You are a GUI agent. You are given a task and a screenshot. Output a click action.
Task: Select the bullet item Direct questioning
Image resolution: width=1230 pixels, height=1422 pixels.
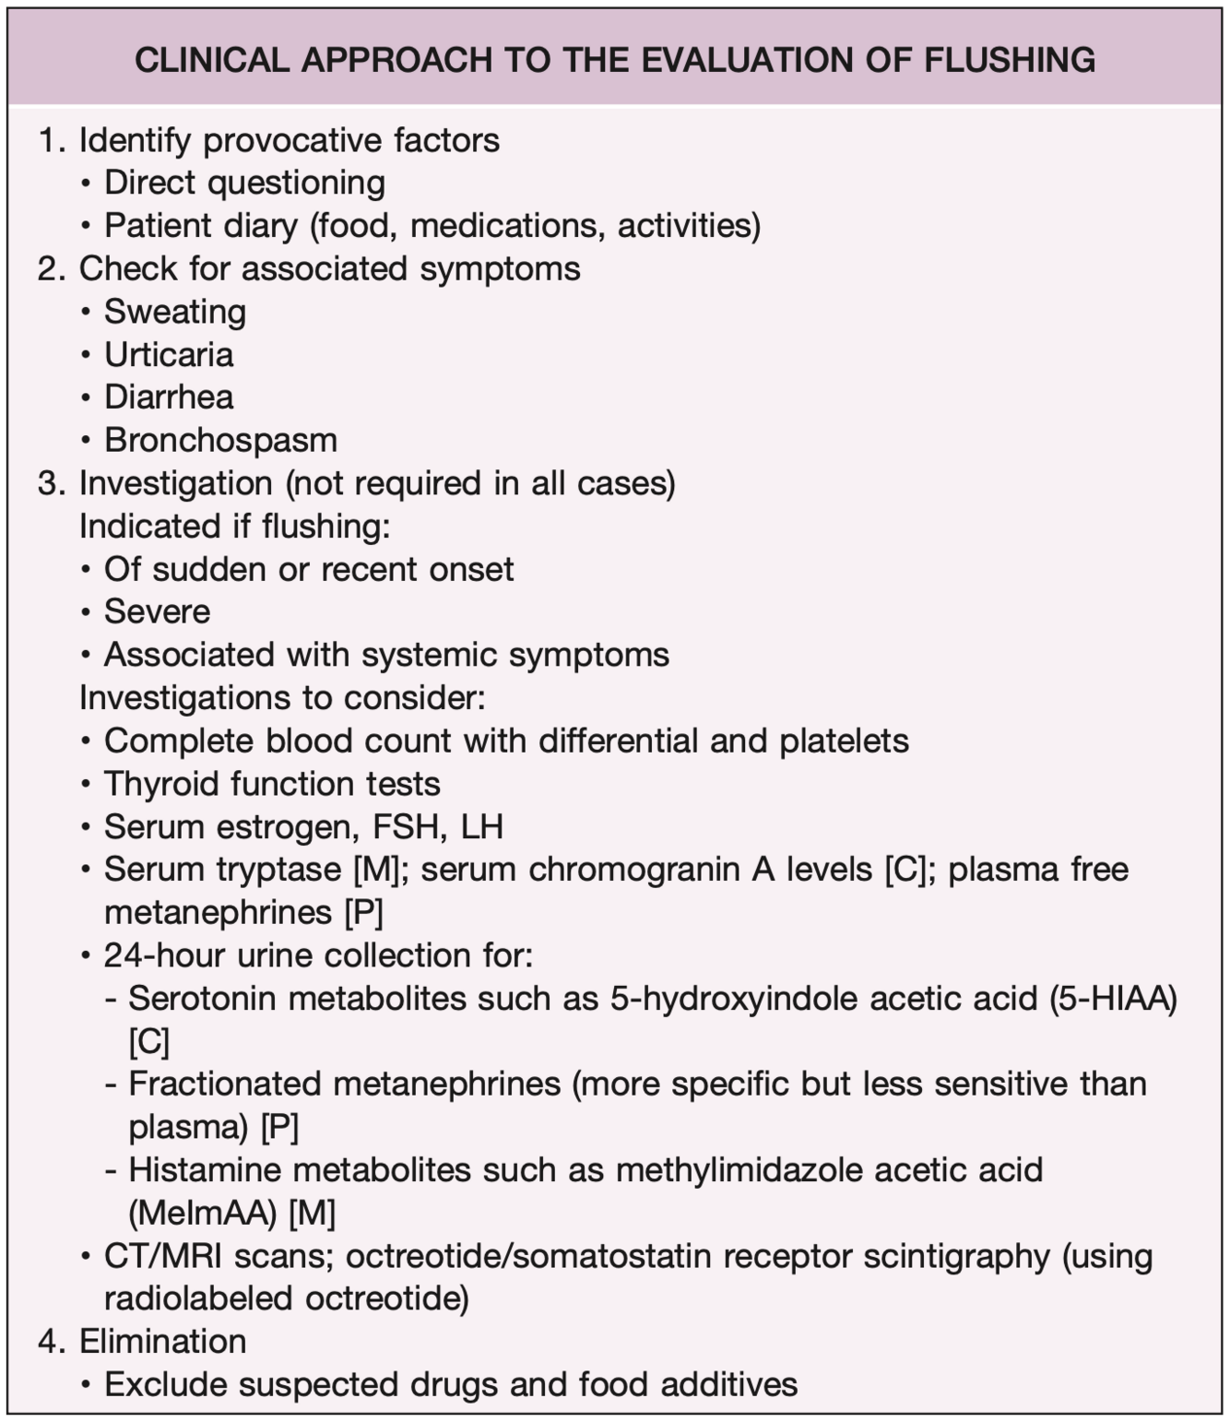(244, 183)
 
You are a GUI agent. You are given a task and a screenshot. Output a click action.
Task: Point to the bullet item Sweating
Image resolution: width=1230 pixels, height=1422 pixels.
(175, 312)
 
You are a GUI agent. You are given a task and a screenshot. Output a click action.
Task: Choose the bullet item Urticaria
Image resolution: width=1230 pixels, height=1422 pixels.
(169, 355)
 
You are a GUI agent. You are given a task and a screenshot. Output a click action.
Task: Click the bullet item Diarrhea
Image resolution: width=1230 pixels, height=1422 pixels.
(169, 397)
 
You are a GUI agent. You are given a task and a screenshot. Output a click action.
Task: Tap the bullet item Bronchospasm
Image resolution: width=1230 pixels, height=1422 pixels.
(220, 441)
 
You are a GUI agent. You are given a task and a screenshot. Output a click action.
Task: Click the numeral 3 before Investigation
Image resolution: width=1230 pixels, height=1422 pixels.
(47, 484)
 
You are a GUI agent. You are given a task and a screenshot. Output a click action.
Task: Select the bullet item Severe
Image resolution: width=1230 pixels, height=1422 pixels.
(157, 611)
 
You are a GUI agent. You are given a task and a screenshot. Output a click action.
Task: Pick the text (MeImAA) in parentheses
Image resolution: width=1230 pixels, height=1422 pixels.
(203, 1214)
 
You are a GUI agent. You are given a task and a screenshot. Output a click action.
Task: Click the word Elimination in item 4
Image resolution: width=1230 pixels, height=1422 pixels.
(163, 1342)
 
